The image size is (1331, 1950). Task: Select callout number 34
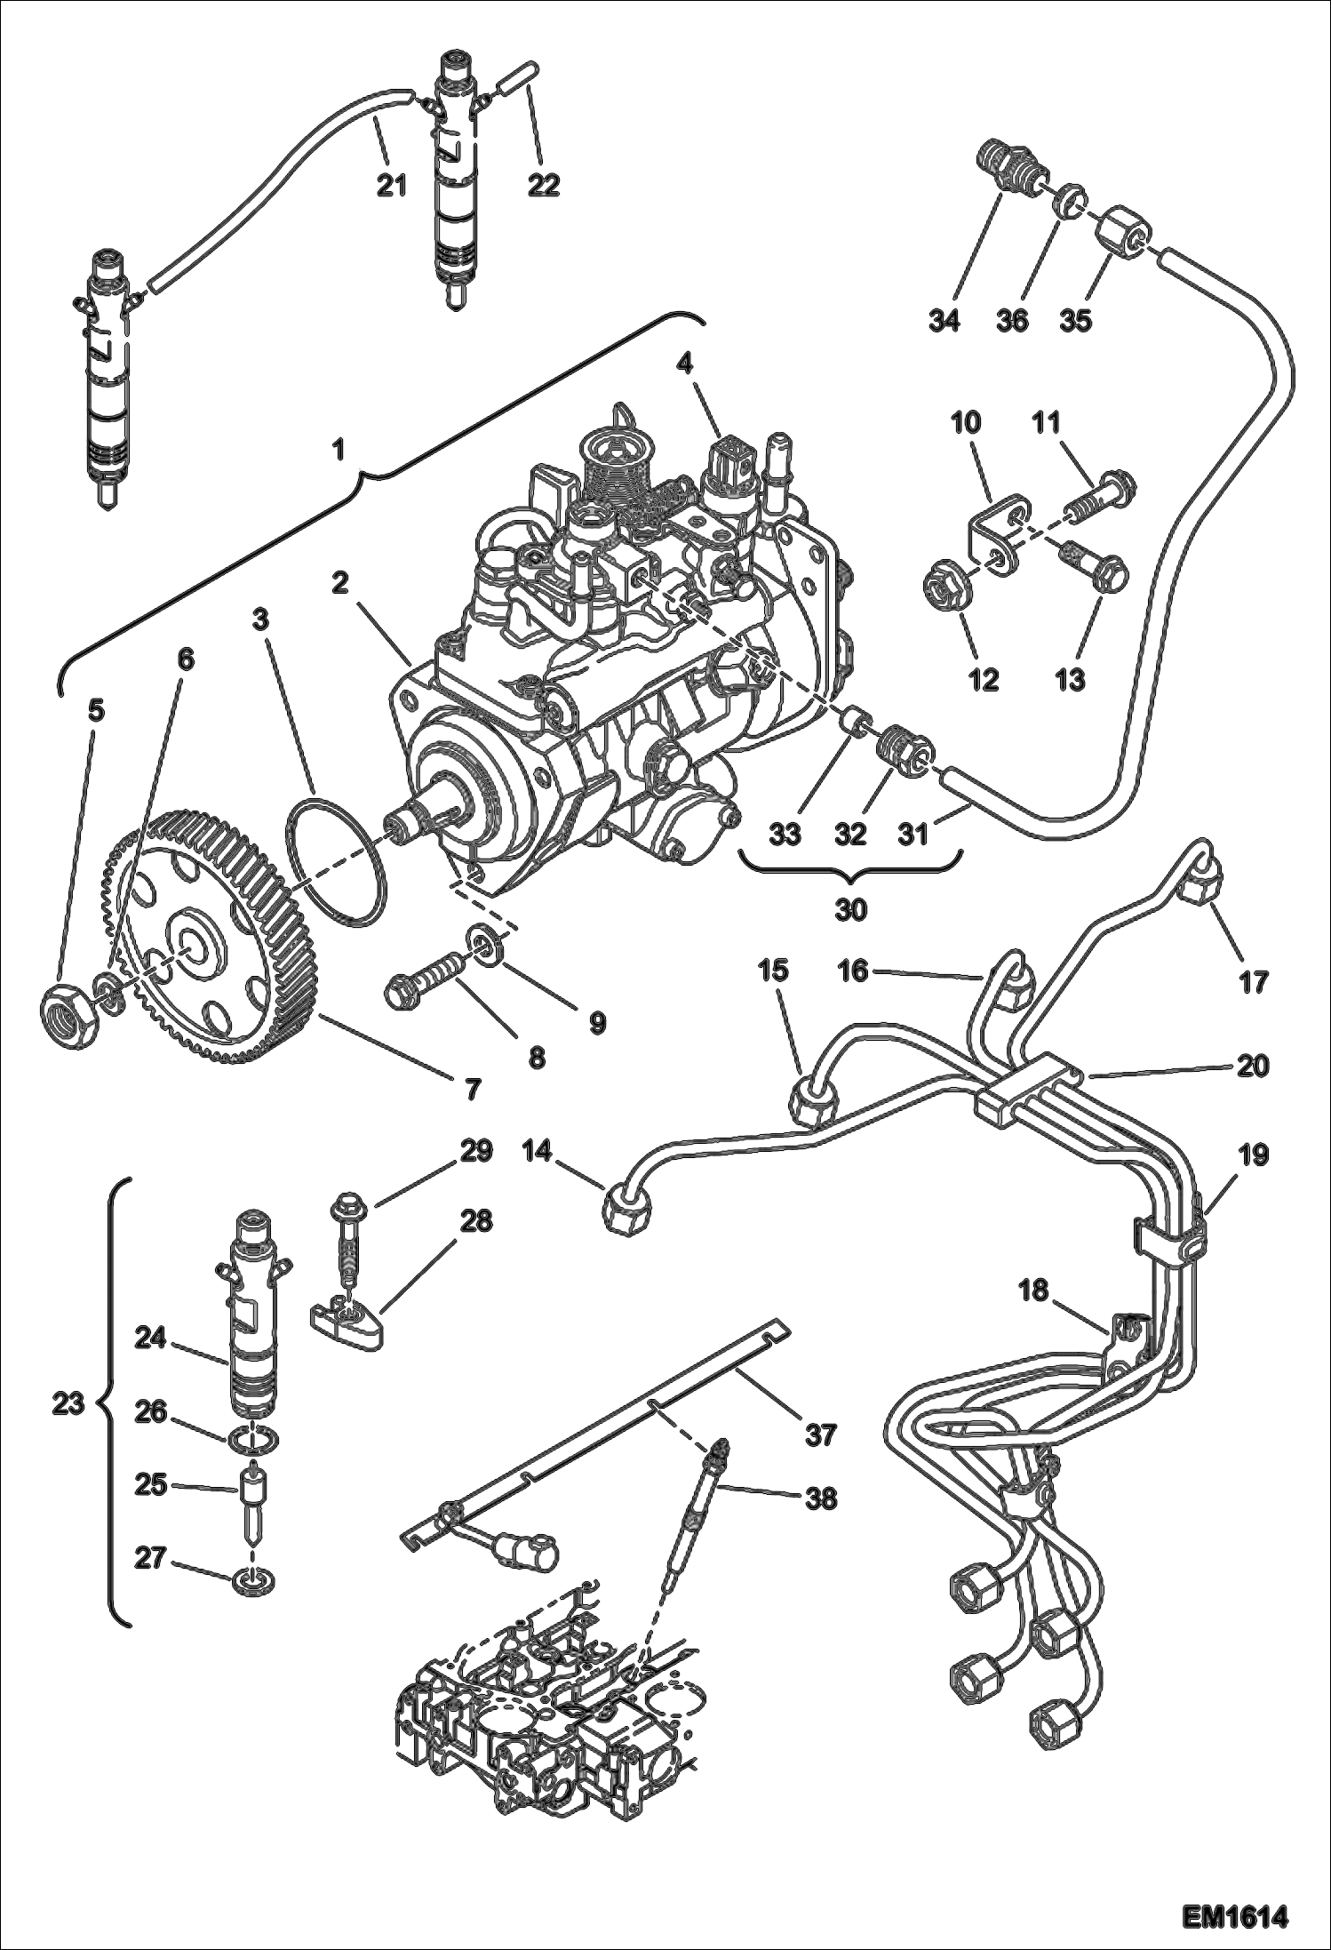(944, 320)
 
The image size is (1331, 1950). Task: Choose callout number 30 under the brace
(850, 910)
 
